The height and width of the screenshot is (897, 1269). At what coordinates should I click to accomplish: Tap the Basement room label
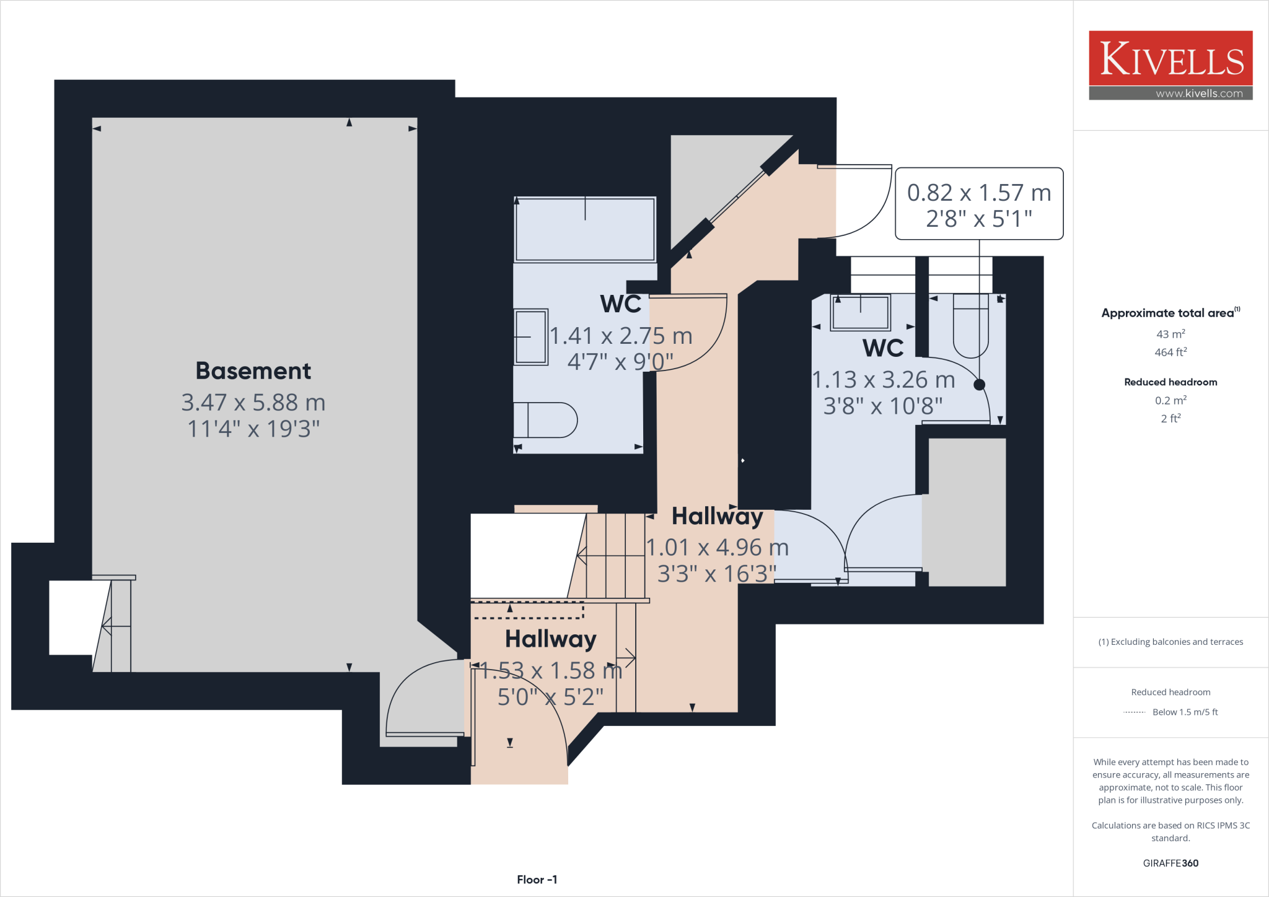(x=253, y=371)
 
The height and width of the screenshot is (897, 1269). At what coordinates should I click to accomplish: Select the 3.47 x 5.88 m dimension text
(x=253, y=403)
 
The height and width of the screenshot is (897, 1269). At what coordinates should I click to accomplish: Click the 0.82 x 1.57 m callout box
(x=979, y=204)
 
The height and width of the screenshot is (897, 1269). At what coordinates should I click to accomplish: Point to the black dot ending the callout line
(x=979, y=385)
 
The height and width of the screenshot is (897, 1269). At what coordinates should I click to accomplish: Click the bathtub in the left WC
(x=585, y=230)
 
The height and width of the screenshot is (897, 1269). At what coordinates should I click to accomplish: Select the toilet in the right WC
(x=970, y=326)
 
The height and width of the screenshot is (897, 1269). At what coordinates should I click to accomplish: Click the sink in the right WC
(x=860, y=312)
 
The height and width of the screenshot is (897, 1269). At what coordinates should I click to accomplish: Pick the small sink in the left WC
(x=531, y=337)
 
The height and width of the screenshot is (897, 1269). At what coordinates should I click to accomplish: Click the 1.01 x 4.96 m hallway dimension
(x=718, y=548)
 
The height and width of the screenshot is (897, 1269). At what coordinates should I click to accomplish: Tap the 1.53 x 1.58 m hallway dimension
(x=551, y=671)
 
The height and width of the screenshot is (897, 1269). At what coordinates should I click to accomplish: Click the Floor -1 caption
(x=537, y=880)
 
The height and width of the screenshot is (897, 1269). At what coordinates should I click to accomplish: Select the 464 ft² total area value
(x=1170, y=352)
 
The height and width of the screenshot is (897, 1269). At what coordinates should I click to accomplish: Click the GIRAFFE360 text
(x=1170, y=863)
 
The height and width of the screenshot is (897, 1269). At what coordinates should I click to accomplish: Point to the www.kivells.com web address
(x=1199, y=94)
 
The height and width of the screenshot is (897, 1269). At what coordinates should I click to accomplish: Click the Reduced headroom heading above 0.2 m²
(x=1170, y=382)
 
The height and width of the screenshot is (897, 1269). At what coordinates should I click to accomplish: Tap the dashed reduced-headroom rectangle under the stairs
(x=527, y=610)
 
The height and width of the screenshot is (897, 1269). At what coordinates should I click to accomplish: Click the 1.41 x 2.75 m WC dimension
(x=621, y=336)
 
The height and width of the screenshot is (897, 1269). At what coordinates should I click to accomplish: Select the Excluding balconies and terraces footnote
(x=1170, y=642)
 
